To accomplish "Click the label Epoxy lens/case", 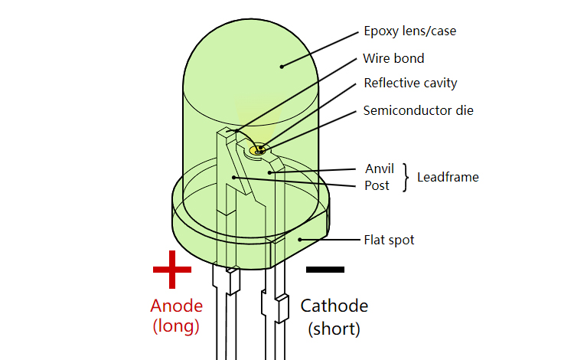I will point(410,32).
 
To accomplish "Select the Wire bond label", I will point(394,58).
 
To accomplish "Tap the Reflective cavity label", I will point(410,83).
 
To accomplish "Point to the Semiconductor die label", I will point(419,110).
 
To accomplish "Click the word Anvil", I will point(380,169).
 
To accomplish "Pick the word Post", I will point(377,185).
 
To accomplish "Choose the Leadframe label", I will point(448,177).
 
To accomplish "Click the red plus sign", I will point(172,269).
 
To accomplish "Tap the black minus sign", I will point(325,269).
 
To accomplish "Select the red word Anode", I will point(177,306).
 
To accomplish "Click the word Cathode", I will point(334,306).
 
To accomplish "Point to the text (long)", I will point(177,326).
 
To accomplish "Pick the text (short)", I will point(334,329).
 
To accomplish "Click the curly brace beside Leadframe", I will point(407,177).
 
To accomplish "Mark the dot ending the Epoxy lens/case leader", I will point(282,67).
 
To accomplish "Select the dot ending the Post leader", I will point(233,178).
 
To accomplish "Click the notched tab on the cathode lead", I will point(281,308).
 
